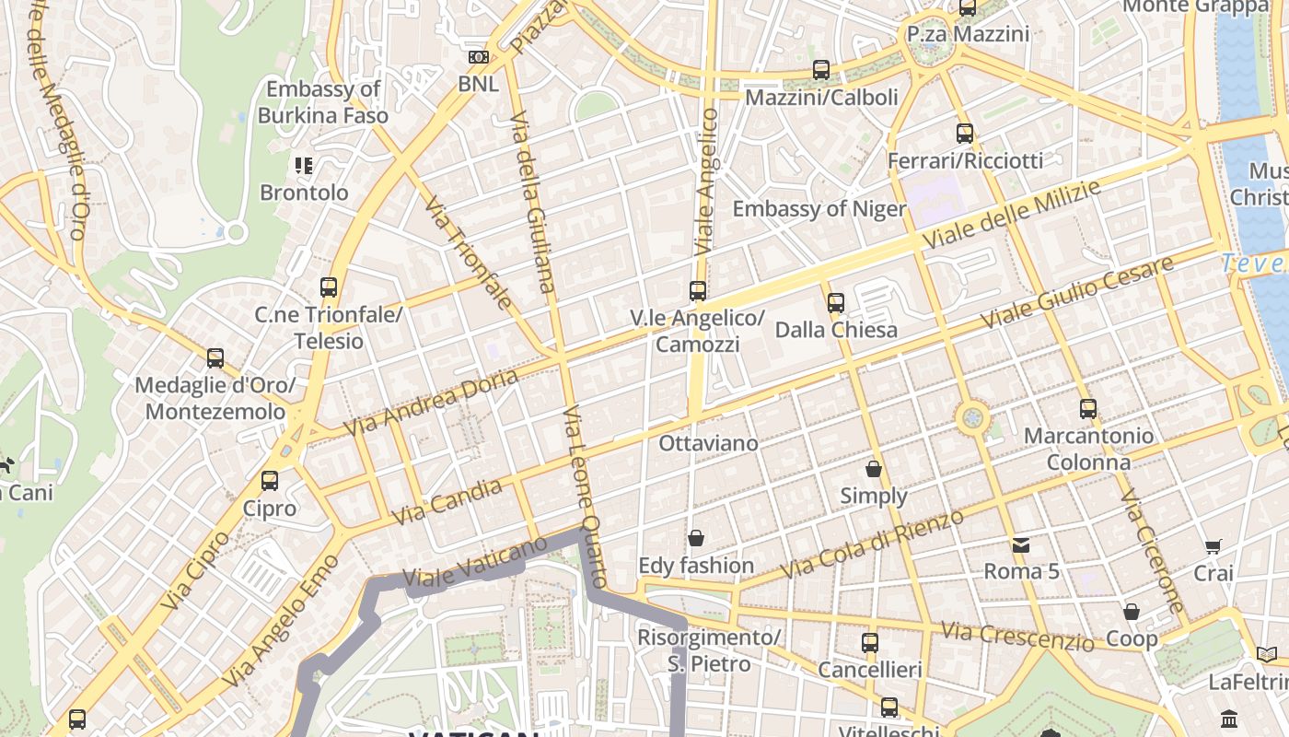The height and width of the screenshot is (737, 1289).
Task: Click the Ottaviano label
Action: tap(708, 443)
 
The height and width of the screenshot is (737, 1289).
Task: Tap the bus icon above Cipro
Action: tap(270, 481)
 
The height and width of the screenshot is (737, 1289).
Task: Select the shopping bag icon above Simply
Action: tap(874, 469)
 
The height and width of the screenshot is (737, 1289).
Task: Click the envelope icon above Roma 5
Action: tap(1021, 544)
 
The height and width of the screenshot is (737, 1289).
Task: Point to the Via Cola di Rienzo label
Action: tap(872, 544)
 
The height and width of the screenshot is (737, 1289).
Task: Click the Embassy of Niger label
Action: tap(819, 209)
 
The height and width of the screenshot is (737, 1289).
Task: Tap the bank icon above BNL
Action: tap(478, 57)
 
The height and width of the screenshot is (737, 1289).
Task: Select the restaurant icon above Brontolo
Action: tap(304, 166)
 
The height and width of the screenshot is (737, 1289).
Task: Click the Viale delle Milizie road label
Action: tap(1012, 215)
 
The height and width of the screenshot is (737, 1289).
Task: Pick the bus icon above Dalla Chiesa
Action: tap(836, 302)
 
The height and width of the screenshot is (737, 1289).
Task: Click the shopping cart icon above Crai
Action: tap(1214, 546)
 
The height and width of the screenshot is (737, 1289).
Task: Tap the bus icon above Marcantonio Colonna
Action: tap(1088, 409)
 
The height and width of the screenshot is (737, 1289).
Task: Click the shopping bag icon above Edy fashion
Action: tap(696, 538)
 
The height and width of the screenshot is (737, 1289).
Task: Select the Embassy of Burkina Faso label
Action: tap(322, 102)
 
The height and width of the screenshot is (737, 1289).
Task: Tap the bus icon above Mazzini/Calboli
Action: tap(821, 70)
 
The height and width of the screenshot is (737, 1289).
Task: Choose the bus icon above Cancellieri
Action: tap(870, 643)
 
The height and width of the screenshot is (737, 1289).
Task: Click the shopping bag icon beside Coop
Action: tap(1132, 612)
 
